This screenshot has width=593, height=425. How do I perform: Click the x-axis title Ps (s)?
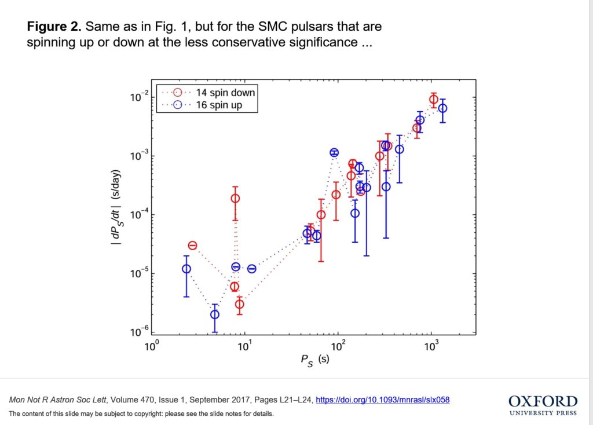coord(314,360)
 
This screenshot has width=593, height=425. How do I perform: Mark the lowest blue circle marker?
coord(215,314)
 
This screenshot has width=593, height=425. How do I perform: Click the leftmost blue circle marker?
coord(186,269)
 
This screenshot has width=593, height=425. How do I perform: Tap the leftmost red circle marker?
coord(193,246)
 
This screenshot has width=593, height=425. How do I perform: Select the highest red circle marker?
coord(434,100)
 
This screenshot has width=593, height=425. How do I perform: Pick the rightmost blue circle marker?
coord(443,108)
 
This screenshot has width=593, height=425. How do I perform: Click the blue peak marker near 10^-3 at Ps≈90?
coord(334,153)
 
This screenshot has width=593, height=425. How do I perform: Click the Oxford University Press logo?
coord(543,405)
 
